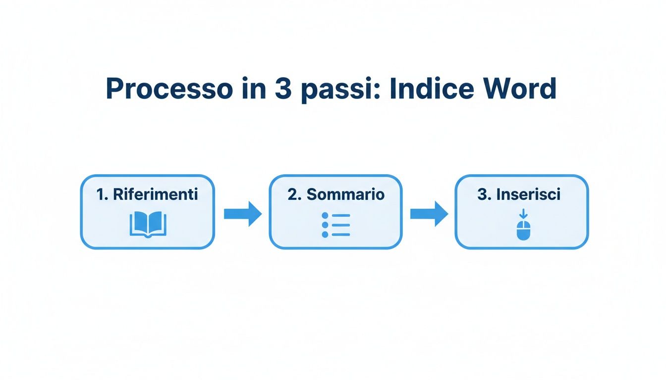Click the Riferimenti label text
[155, 194]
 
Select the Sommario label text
[345, 194]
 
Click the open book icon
[148, 224]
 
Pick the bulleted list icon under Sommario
[335, 225]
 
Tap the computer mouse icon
[523, 230]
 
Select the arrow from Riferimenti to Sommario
[242, 214]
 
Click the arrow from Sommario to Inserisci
[429, 214]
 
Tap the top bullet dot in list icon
[325, 216]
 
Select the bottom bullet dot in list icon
[325, 235]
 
